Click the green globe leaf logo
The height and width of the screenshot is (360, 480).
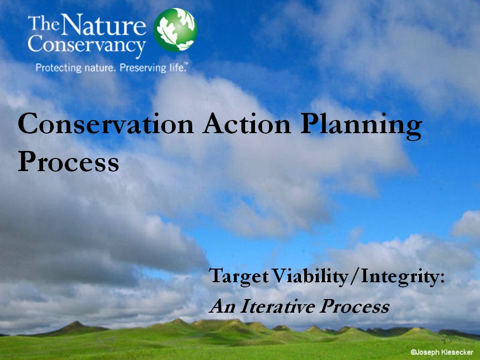pos(175,30)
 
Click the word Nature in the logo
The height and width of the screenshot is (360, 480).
pos(105,24)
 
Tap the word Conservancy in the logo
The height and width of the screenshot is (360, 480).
pos(87,45)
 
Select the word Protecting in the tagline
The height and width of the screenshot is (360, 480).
pos(59,67)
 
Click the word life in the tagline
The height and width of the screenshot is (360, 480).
pos(177,67)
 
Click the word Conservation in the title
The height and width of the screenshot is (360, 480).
pos(106,124)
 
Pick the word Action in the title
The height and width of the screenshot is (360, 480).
pos(247,124)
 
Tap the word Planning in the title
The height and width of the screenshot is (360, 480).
pos(361,126)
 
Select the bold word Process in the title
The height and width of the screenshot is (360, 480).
pos(68,161)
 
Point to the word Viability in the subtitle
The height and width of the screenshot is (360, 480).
pos(310,277)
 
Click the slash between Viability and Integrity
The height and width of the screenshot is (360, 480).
pos(354,277)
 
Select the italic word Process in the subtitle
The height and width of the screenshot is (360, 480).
pos(354,306)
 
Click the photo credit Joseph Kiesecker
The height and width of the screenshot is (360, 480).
pos(442,352)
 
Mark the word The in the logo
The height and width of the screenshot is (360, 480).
pos(44,23)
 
